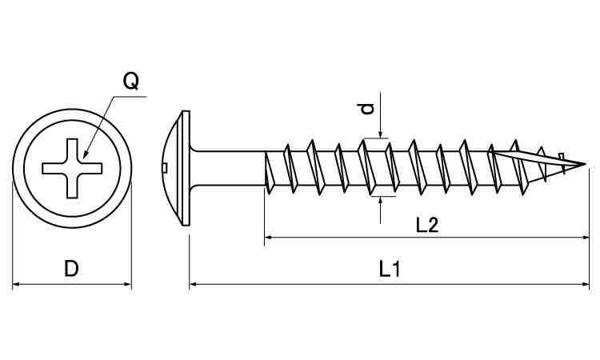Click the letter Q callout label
[x=131, y=81]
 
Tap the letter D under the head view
[x=71, y=270]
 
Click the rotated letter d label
[x=367, y=109]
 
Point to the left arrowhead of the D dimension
[x=17, y=283]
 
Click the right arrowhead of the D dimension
[x=127, y=283]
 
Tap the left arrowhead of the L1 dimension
[x=194, y=283]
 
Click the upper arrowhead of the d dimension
[x=381, y=136]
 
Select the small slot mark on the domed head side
[x=163, y=168]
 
